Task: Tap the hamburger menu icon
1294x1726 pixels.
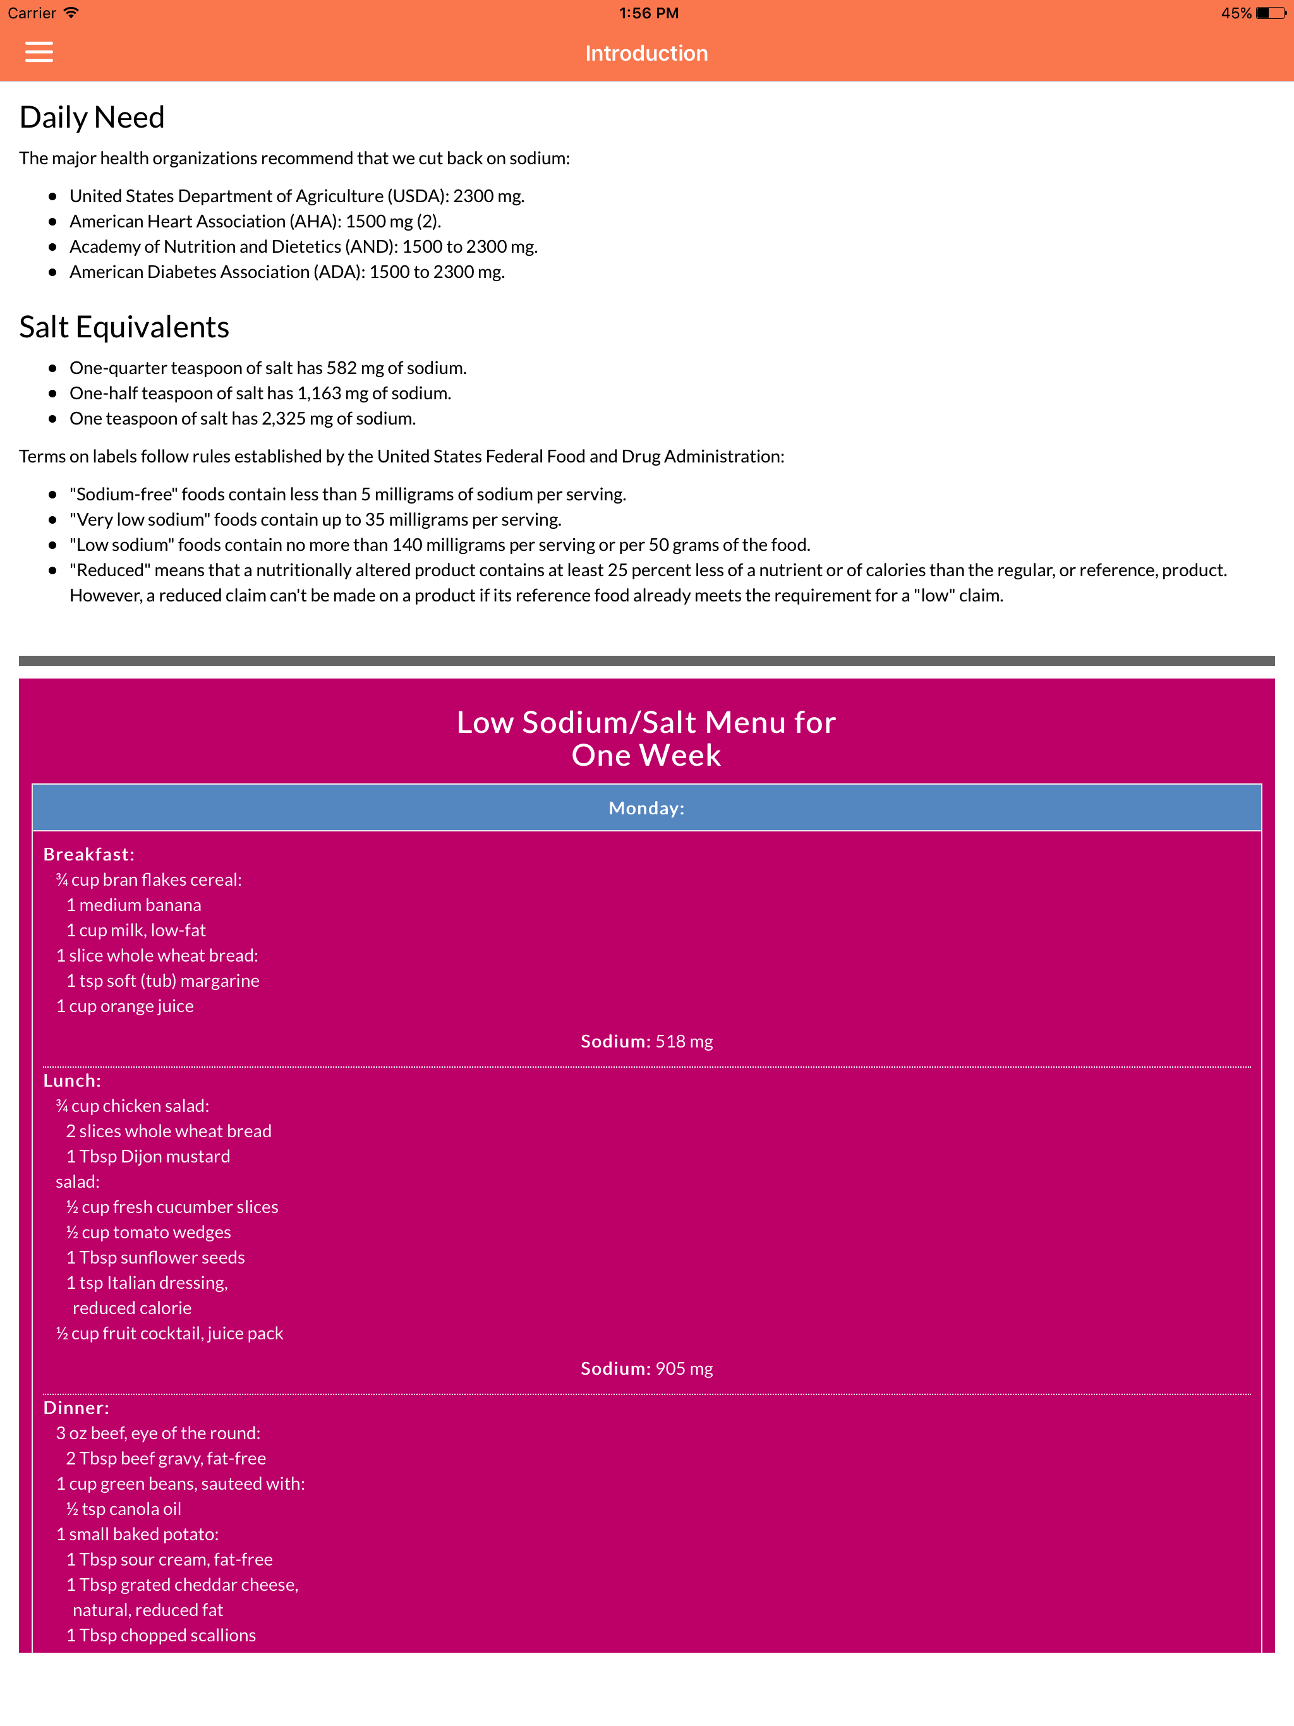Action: click(x=39, y=52)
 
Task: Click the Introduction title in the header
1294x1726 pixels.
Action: click(x=646, y=53)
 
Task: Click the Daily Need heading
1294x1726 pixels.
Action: click(x=92, y=118)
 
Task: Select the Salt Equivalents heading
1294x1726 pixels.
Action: click(x=124, y=327)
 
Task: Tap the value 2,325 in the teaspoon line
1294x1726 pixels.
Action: click(x=283, y=418)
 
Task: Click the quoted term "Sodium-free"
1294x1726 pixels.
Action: click(x=124, y=494)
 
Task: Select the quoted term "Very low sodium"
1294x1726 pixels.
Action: click(x=140, y=520)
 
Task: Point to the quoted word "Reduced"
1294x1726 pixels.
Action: click(x=109, y=570)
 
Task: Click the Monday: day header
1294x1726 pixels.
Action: click(x=646, y=809)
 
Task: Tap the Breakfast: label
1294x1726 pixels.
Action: click(x=89, y=854)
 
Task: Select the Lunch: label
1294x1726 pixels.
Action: click(x=72, y=1081)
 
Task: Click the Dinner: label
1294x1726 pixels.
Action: click(x=76, y=1408)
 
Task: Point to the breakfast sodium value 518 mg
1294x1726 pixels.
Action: click(x=684, y=1042)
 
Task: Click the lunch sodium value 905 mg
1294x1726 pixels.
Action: click(x=684, y=1368)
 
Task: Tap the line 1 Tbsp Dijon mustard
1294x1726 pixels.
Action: click(x=148, y=1156)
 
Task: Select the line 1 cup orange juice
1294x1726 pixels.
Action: click(x=125, y=1006)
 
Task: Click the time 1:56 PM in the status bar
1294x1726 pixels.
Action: click(x=648, y=13)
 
